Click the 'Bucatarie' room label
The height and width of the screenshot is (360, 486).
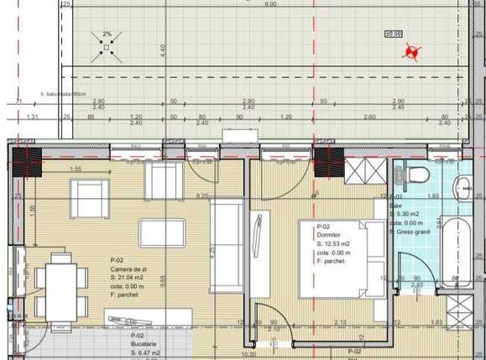123,345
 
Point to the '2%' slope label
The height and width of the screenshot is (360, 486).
107,34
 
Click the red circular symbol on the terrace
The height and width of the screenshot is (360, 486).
410,54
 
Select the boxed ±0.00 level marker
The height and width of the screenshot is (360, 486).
391,34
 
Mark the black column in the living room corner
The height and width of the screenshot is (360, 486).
31,157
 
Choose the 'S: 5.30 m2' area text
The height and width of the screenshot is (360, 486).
408,214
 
